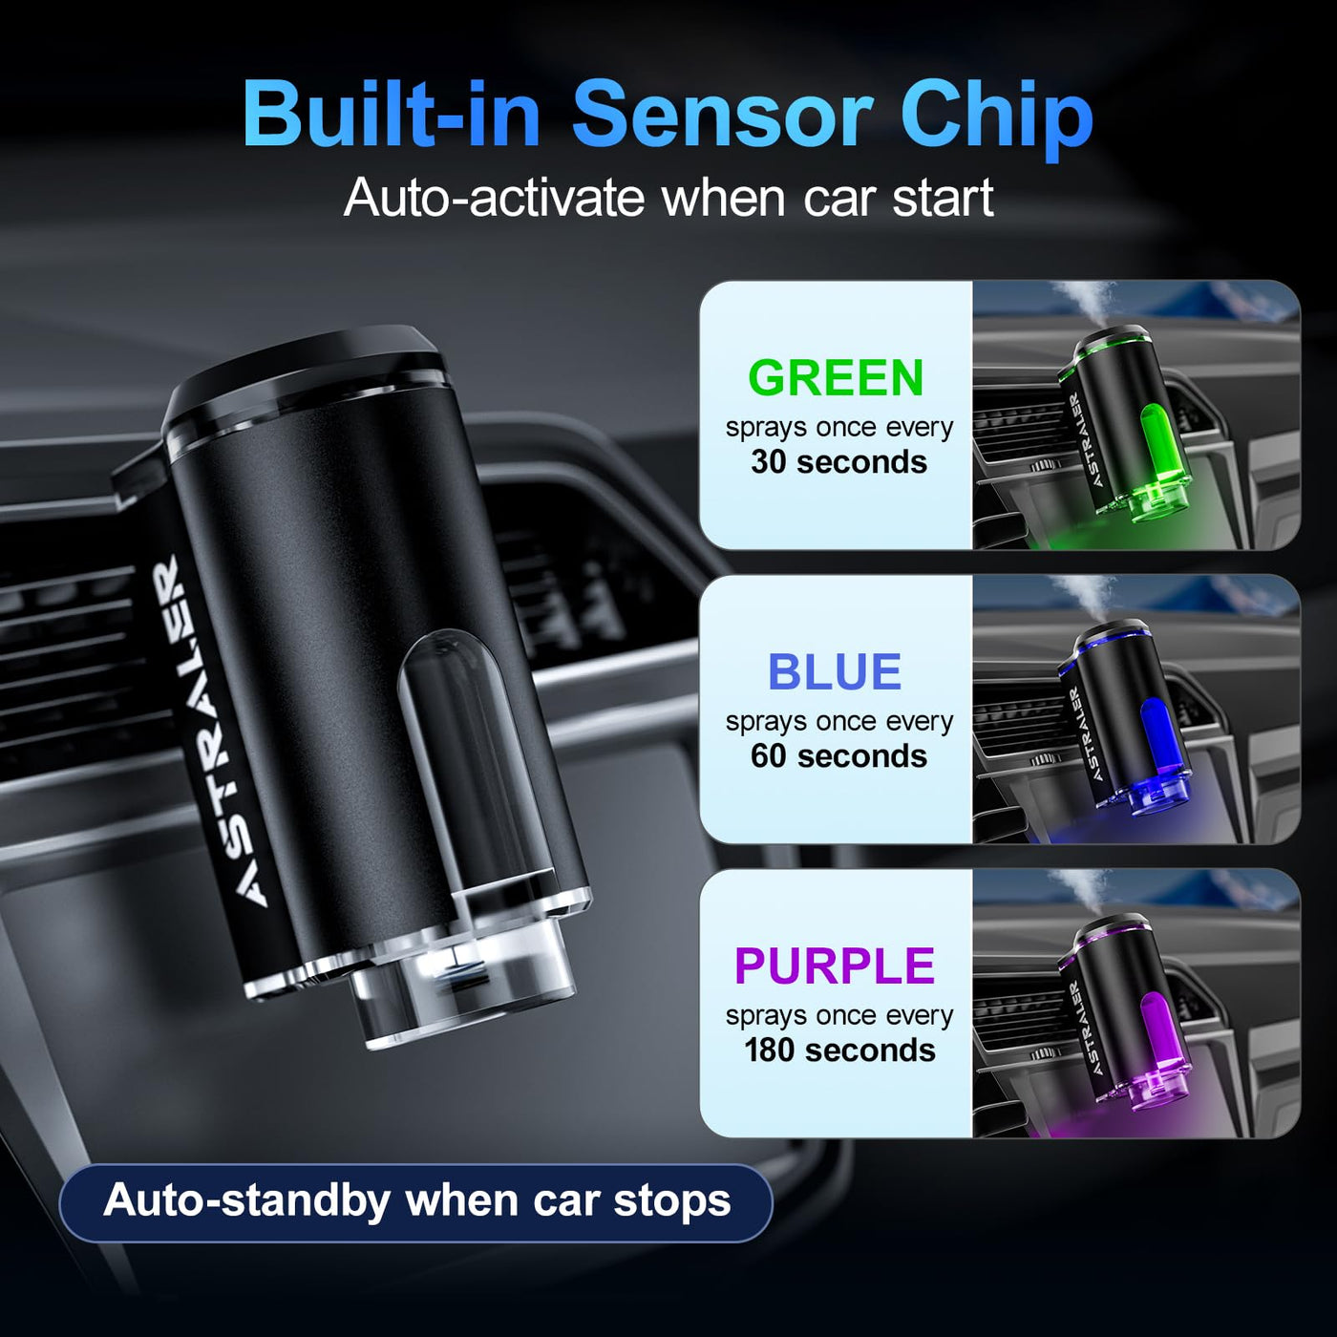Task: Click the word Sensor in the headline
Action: [722, 113]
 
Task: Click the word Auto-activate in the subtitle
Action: [494, 198]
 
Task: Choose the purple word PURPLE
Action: [835, 966]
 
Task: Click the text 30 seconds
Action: [838, 462]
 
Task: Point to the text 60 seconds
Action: [838, 756]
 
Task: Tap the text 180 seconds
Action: [839, 1050]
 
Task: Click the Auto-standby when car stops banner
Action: [416, 1201]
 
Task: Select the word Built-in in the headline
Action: [391, 113]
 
